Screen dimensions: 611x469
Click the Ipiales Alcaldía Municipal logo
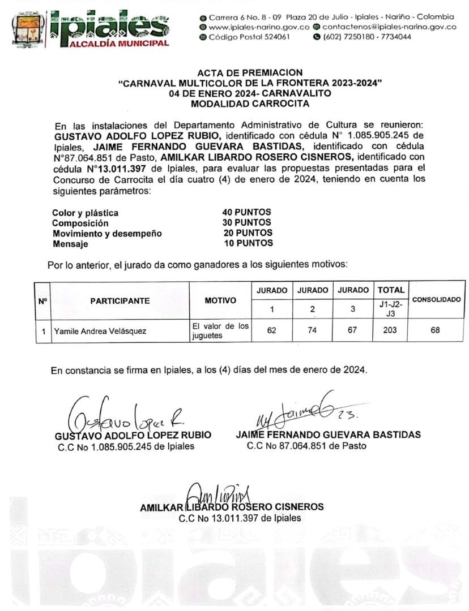(x=91, y=28)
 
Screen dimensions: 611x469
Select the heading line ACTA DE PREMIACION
(x=250, y=72)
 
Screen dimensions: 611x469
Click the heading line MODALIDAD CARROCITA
(x=250, y=103)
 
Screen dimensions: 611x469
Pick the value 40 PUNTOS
(x=247, y=212)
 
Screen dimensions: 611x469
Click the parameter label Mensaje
(x=70, y=244)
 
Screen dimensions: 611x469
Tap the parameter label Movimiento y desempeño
(x=107, y=234)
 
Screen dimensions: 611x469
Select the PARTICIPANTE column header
(x=120, y=301)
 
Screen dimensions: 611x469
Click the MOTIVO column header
(x=220, y=301)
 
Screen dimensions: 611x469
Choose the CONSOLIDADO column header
(x=436, y=300)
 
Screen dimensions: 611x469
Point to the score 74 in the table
(x=313, y=330)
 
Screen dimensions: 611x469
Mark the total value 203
(x=390, y=330)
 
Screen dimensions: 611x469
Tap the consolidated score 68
(x=435, y=330)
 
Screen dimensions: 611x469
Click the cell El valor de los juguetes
(x=220, y=331)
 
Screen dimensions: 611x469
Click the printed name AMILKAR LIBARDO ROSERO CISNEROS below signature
(x=232, y=507)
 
